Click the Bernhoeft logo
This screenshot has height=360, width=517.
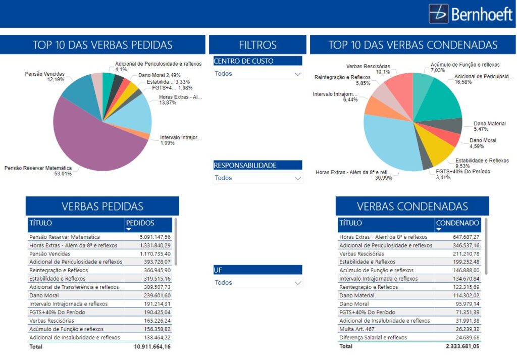(471, 14)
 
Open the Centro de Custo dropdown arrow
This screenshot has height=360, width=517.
(297, 74)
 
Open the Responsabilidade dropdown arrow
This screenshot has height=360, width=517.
(297, 178)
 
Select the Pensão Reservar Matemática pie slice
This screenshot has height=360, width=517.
(96, 141)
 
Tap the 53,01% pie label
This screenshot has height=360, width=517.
(63, 174)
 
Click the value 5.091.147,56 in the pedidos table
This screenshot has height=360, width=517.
(155, 237)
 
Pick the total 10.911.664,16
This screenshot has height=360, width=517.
(152, 347)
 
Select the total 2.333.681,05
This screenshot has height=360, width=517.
(462, 346)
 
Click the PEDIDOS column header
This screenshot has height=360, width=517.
(140, 223)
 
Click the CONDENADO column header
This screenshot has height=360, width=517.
(457, 223)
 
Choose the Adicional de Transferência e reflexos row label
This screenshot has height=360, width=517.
(74, 287)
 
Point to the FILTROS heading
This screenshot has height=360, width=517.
(257, 45)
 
